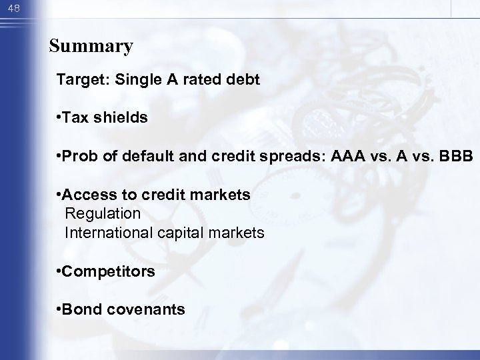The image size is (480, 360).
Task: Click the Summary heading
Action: click(x=91, y=47)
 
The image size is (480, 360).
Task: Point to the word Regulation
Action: click(x=103, y=214)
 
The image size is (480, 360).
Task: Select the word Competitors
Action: click(x=109, y=271)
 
